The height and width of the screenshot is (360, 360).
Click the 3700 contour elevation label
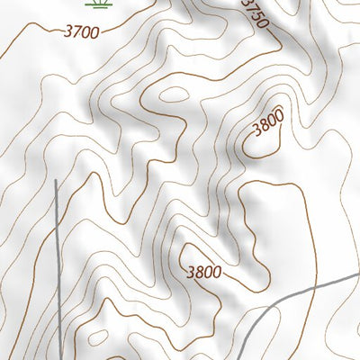coord(82,31)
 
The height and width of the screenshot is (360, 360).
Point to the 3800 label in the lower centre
coord(204,271)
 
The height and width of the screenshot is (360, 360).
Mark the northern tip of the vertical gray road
coord(56,181)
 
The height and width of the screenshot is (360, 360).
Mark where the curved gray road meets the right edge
coord(358,277)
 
